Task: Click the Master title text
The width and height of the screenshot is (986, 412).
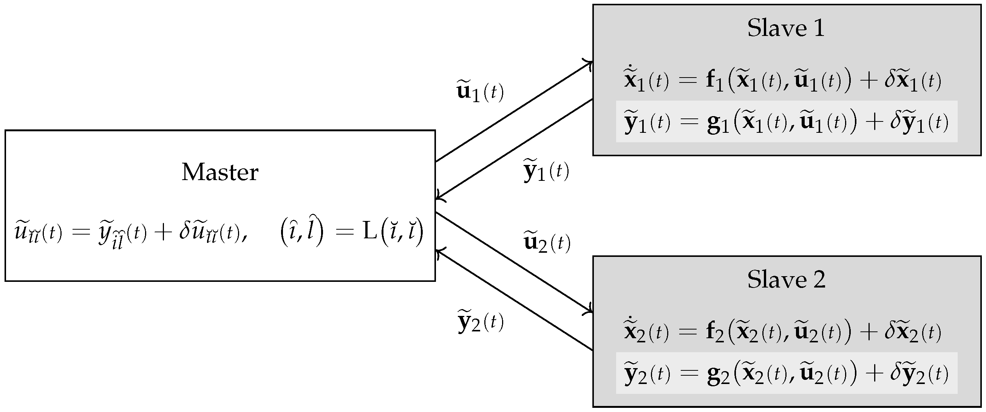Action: click(x=220, y=173)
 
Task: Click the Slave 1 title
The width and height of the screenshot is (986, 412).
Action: click(x=786, y=29)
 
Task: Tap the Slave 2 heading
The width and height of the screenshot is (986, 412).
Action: click(x=786, y=280)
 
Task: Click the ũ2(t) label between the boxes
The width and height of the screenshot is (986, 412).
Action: click(x=547, y=243)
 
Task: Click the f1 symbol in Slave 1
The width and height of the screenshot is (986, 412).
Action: click(x=714, y=81)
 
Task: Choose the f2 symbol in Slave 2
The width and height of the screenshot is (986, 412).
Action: click(x=714, y=332)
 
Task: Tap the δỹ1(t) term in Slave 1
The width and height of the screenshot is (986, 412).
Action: click(x=919, y=123)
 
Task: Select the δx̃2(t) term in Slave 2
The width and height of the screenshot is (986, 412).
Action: click(x=912, y=332)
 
